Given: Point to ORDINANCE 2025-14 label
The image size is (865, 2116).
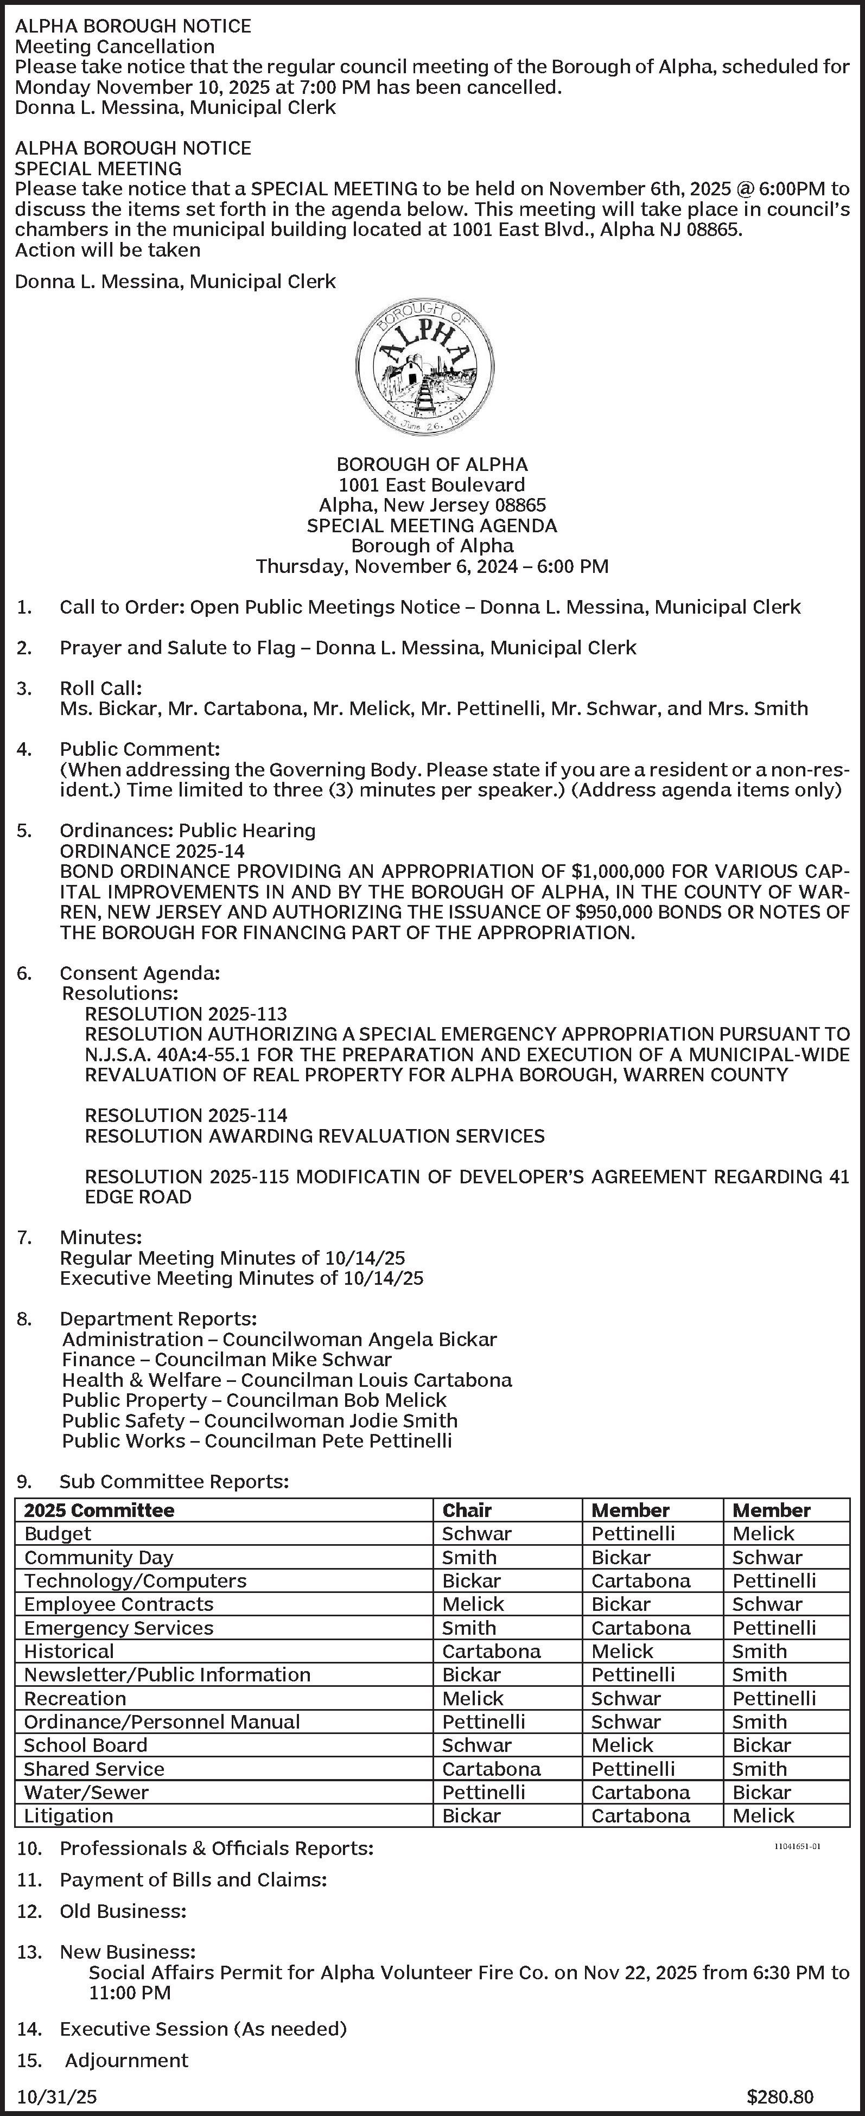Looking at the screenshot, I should pyautogui.click(x=152, y=851).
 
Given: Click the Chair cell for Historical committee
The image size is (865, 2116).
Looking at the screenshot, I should pyautogui.click(x=491, y=1651).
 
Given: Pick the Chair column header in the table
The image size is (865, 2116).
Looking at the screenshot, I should pyautogui.click(x=467, y=1510).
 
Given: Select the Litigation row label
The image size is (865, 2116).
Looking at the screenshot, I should pyautogui.click(x=68, y=1815).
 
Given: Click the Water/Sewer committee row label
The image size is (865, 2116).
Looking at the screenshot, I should pyautogui.click(x=86, y=1792).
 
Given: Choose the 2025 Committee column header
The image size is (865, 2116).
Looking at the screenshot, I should pyautogui.click(x=99, y=1510).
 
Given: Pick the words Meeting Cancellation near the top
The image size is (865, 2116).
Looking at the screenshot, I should pyautogui.click(x=115, y=46).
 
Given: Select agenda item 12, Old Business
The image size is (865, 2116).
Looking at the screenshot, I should pyautogui.click(x=123, y=1911).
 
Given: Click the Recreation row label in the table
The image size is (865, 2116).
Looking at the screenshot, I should pyautogui.click(x=75, y=1698).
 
